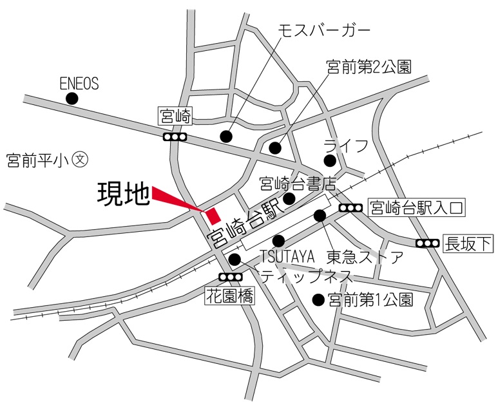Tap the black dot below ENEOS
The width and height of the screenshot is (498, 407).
(72, 99)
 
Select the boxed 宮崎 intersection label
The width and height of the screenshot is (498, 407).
(175, 117)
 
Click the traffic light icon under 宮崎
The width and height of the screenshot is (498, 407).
(175, 137)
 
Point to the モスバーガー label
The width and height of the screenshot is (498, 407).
(324, 30)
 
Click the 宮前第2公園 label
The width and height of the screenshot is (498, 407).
(369, 66)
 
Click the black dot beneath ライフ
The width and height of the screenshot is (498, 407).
(330, 160)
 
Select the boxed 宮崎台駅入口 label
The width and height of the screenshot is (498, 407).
(416, 207)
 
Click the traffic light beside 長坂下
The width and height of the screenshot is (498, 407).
(427, 243)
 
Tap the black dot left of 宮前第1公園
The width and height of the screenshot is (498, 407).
(318, 299)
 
